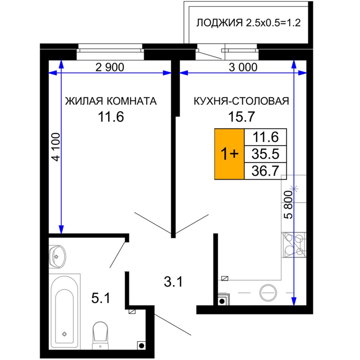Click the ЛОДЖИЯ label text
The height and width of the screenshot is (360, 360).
point(219,23)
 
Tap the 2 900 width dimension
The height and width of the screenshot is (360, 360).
point(110,67)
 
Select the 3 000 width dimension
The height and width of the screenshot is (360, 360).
point(243,67)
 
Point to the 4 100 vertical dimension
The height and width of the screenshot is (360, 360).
point(56,147)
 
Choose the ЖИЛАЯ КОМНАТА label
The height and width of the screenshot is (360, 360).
point(111,101)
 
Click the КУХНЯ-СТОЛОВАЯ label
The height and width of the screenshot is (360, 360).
point(241,101)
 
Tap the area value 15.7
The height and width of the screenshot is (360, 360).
point(241,117)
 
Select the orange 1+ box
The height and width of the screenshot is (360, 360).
point(229,154)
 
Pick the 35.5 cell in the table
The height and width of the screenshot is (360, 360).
point(265,154)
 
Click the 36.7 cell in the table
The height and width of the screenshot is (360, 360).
point(265,171)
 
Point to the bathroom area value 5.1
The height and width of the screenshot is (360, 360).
point(101,299)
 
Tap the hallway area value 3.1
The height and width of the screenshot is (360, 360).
point(173,282)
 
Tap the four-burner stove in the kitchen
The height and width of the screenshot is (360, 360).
point(294,245)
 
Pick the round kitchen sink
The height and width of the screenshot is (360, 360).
point(268,293)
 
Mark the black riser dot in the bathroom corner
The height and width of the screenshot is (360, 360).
point(142,346)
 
